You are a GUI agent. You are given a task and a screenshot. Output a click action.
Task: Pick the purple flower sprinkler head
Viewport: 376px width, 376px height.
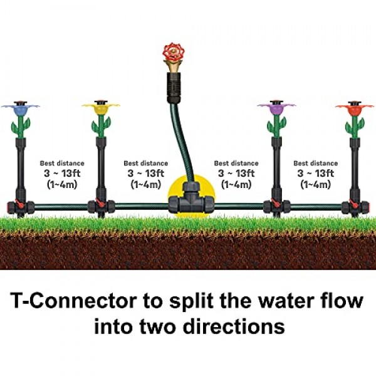click(276, 109)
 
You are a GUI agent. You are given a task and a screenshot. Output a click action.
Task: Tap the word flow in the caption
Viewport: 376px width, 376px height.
click(343, 301)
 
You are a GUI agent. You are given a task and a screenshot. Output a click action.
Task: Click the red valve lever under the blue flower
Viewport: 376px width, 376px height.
click(19, 204)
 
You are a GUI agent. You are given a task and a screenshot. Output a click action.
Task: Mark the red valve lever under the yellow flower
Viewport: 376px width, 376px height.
click(99, 203)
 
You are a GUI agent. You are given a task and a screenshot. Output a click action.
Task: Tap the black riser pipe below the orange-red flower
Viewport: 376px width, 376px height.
click(355, 169)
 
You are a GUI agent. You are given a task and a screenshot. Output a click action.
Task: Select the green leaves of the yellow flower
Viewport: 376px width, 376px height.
click(101, 127)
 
